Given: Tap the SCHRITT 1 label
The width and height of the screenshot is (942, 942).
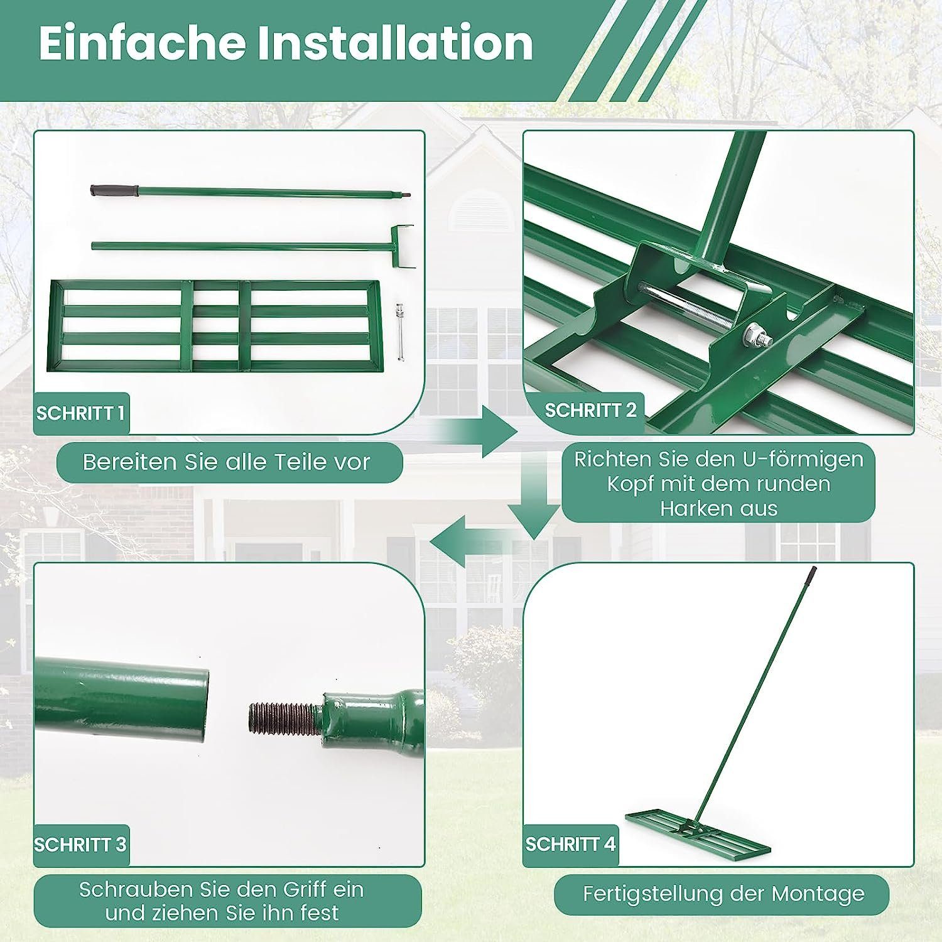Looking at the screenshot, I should coord(80,413).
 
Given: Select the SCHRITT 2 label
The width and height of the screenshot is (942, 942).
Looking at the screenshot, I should coord(590,410).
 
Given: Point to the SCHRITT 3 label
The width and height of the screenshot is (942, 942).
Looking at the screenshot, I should coord(80,845).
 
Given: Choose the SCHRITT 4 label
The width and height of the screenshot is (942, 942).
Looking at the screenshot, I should coord(570,844).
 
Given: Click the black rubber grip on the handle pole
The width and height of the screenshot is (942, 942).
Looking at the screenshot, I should coord(114,190).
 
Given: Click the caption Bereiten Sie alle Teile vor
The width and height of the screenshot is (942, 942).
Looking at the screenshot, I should coord(227,462).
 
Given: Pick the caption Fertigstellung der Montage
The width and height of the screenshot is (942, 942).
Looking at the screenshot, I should coord(723,894).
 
